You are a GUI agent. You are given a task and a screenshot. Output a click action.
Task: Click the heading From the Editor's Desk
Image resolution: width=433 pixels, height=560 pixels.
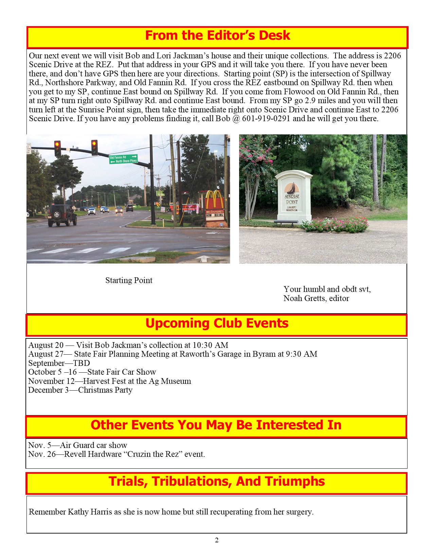217,36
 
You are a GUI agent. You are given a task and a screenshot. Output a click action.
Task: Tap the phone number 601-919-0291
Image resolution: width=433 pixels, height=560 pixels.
266,118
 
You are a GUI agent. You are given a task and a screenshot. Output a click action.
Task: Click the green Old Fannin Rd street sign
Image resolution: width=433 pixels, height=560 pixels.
123,159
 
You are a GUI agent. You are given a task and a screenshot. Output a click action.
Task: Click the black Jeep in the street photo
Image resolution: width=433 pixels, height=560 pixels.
62,215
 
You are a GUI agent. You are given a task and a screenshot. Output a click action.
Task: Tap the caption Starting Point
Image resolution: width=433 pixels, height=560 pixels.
129,280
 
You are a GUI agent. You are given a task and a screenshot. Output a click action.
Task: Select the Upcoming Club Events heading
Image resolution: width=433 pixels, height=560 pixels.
217,323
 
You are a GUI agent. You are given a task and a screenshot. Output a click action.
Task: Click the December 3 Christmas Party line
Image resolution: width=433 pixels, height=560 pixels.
80,390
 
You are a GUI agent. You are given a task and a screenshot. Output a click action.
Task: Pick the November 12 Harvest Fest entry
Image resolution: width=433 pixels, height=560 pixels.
110,381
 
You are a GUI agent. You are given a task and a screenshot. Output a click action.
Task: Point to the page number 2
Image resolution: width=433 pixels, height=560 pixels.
217,540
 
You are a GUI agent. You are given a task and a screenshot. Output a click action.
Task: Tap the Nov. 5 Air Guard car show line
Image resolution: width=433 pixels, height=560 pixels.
78,445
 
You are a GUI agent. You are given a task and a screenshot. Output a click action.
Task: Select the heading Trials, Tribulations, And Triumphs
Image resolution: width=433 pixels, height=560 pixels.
217,482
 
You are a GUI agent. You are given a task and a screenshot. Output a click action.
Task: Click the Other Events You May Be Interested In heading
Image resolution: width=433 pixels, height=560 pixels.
216,425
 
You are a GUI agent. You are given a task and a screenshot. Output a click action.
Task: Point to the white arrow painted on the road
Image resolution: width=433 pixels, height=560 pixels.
203,259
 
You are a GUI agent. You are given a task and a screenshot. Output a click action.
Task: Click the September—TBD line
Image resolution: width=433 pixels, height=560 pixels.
59,363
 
